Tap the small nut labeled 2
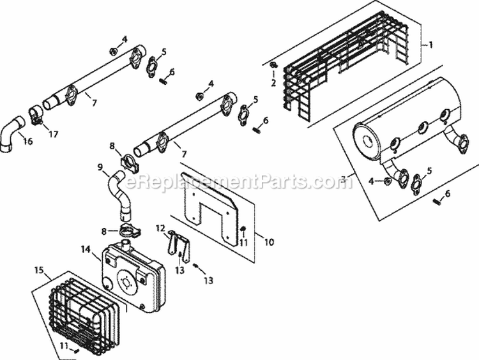[273, 66]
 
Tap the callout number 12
[161, 229]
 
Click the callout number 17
[53, 134]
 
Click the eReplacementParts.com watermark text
[236, 183]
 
